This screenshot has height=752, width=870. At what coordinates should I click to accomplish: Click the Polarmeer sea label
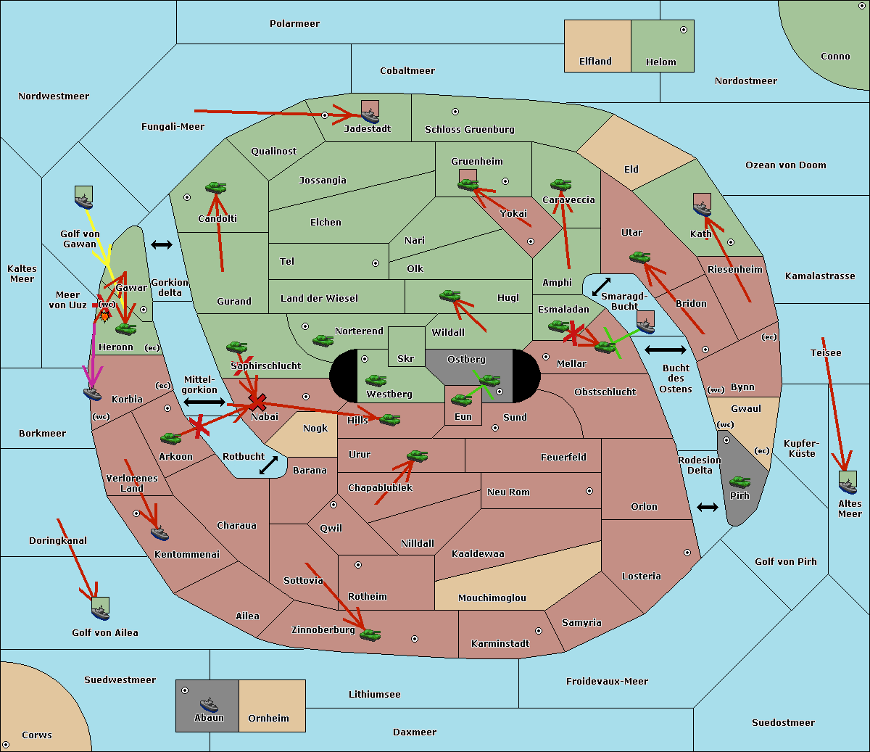(x=294, y=24)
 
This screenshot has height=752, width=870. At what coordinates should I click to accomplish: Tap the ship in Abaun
(x=209, y=704)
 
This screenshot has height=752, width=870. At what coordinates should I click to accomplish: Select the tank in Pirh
(x=739, y=482)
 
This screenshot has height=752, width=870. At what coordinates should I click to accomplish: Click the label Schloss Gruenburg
(x=469, y=129)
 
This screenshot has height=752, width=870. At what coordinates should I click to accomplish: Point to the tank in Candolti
(x=215, y=187)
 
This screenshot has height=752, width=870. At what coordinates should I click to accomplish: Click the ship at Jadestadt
(x=370, y=115)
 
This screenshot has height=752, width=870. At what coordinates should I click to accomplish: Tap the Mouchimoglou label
(x=492, y=598)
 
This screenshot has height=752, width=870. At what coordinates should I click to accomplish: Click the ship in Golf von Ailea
(x=100, y=612)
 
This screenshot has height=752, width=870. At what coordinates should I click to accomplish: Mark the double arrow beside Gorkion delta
(x=162, y=244)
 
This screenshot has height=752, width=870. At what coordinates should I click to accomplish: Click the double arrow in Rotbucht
(x=268, y=465)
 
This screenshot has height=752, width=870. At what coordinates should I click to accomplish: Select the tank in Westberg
(x=376, y=381)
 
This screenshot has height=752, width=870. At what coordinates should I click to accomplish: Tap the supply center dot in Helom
(x=684, y=30)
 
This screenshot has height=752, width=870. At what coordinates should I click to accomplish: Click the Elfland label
(x=595, y=62)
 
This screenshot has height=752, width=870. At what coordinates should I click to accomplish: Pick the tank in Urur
(x=417, y=456)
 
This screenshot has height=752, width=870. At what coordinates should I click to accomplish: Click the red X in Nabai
(x=257, y=402)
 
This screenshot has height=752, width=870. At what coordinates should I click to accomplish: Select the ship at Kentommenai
(x=159, y=534)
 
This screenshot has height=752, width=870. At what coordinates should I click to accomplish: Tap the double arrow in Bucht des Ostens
(x=666, y=350)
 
